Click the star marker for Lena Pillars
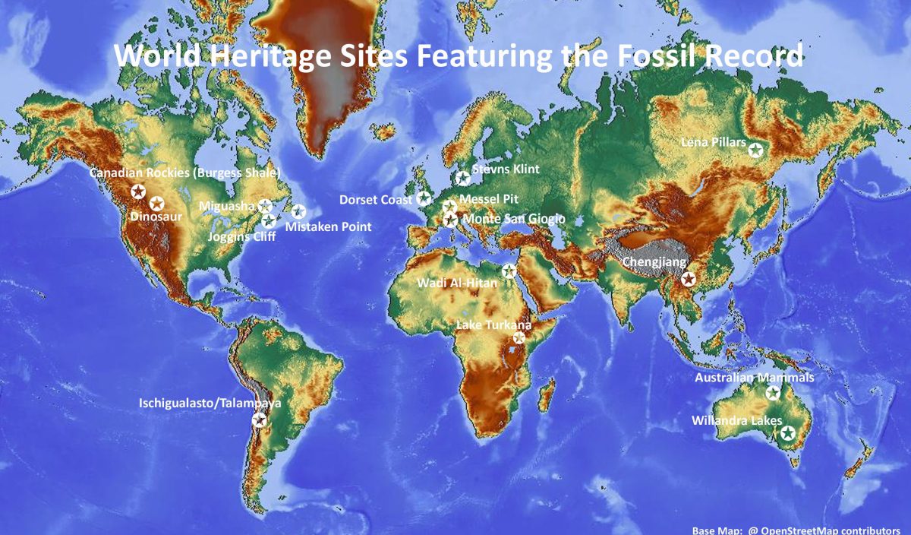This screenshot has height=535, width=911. [755, 150]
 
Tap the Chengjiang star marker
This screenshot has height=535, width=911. [688, 279]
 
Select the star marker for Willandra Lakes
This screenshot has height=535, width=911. [788, 433]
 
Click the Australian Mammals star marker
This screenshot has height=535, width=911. [773, 393]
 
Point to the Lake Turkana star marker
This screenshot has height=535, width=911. [519, 338]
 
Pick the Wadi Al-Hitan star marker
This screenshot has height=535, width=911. [509, 271]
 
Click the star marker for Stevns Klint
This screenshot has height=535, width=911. [463, 179]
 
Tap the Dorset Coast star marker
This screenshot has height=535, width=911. [424, 198]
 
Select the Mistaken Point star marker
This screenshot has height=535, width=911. [298, 211]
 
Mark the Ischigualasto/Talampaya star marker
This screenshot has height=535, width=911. [259, 419]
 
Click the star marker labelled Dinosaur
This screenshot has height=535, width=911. [156, 203]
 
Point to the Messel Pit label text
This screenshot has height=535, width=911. [489, 199]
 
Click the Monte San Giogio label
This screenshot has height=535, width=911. [514, 219]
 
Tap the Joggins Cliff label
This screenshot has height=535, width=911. [241, 237]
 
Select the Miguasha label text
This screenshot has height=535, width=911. [227, 206]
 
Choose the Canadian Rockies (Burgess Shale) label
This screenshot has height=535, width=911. [185, 173]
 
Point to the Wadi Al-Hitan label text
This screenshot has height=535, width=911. [457, 283]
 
